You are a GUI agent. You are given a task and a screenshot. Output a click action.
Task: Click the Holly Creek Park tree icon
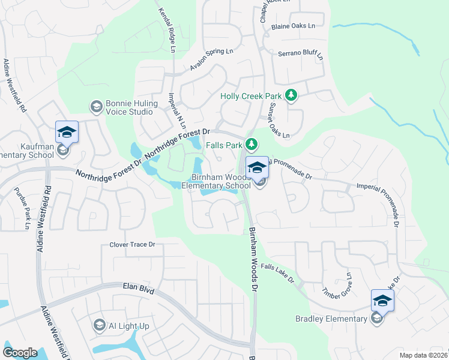pos(291,95)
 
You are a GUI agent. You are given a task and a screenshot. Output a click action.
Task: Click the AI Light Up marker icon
pos(99,326)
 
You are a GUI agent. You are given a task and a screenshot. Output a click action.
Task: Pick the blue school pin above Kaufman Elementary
pos(67,133)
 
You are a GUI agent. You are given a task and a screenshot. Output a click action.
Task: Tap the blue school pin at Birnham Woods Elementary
pos(257,168)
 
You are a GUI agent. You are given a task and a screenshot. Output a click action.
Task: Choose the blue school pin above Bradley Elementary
pos(382,300)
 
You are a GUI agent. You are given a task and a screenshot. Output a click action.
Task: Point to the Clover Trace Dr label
pos(132,245)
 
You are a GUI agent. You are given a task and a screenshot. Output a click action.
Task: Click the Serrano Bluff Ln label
pos(300,55)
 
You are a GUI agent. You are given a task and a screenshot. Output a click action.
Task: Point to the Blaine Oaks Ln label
pos(293,26)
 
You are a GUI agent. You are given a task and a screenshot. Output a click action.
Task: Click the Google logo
pos(20,353)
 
